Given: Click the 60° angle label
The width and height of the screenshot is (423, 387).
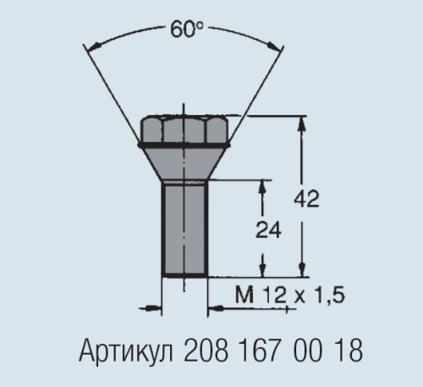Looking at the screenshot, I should tap(186, 29).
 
